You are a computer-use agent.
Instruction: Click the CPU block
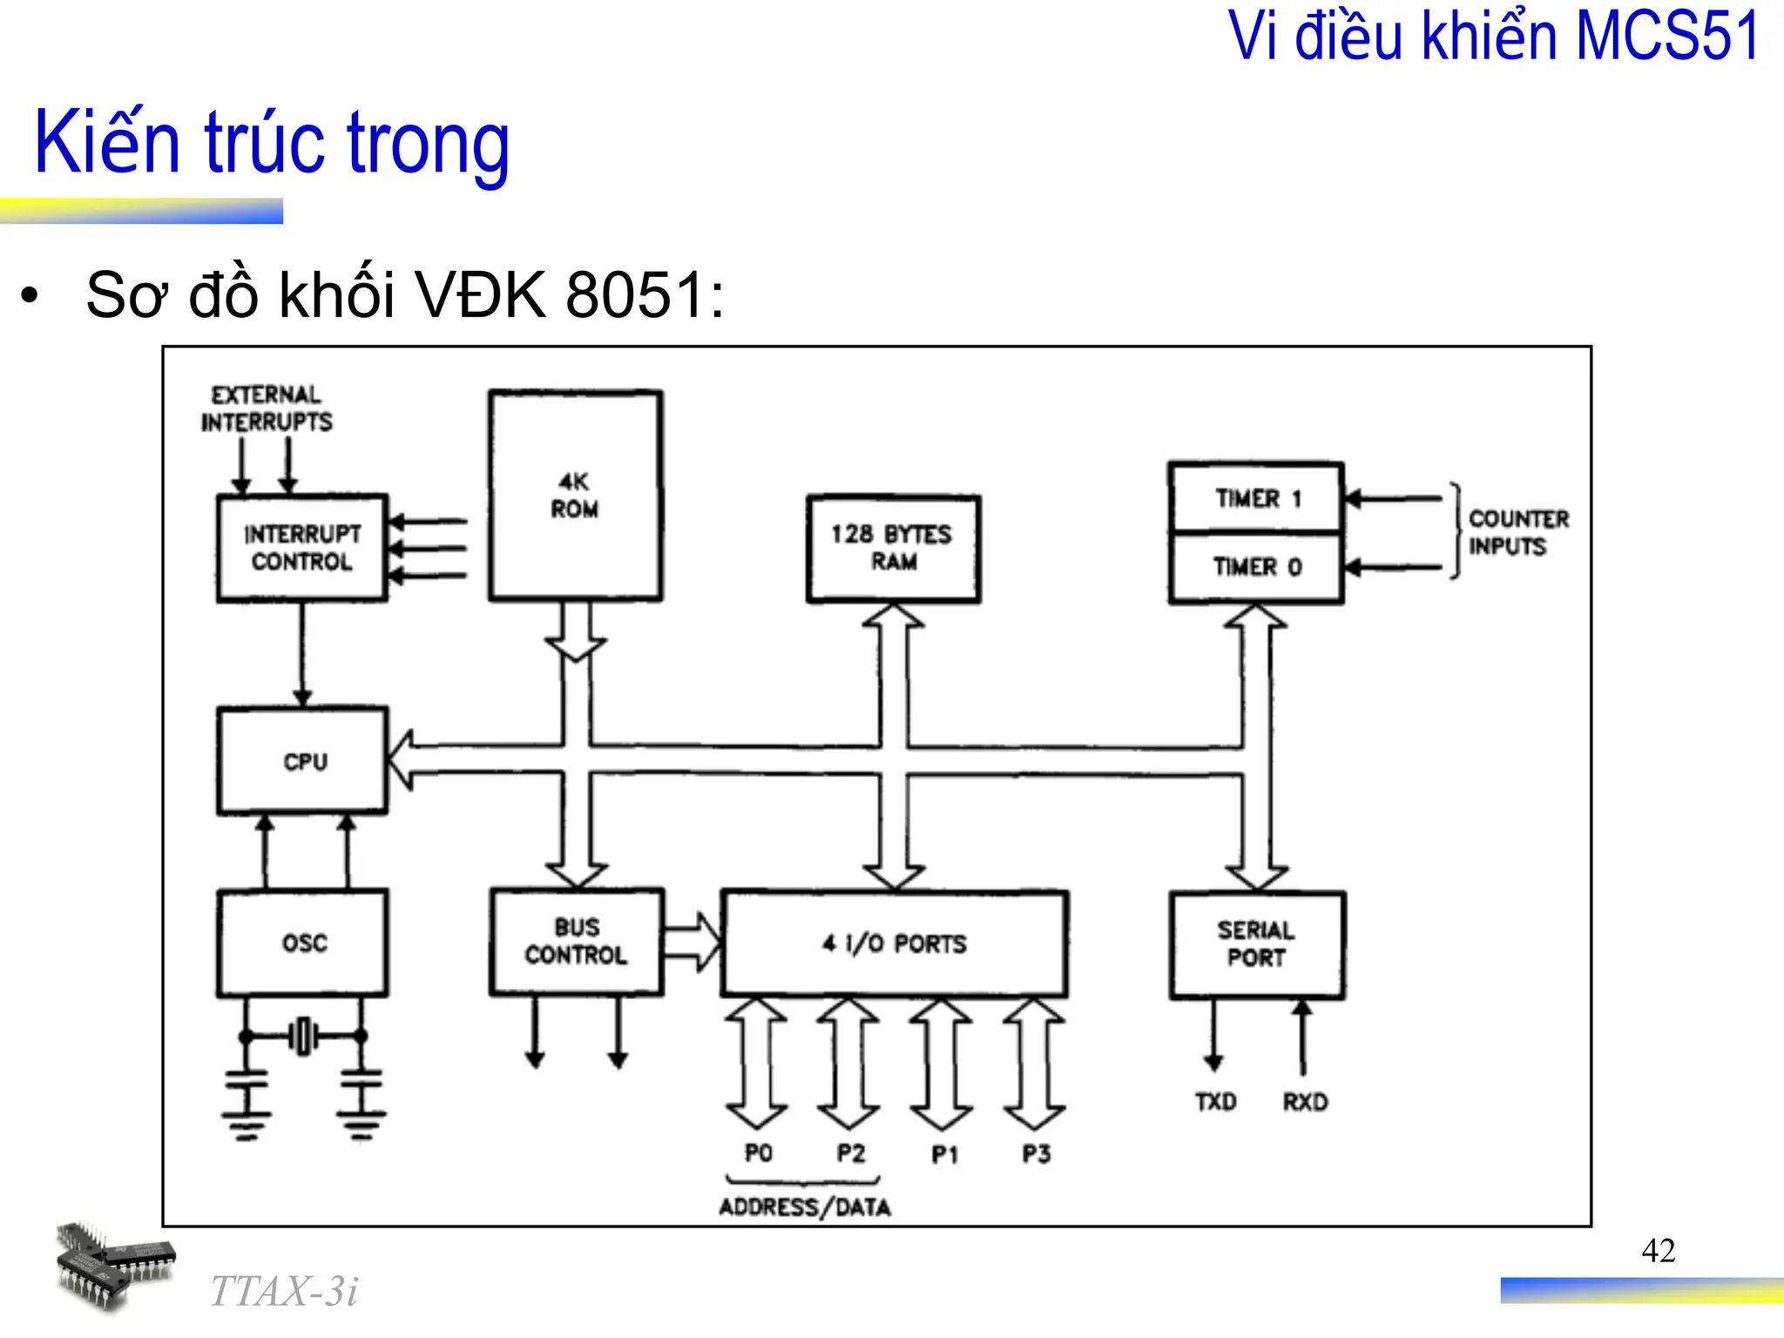click(x=302, y=760)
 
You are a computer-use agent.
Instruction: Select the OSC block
click(x=302, y=943)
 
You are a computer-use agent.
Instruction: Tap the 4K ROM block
click(x=575, y=495)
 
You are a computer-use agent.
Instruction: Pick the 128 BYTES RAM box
click(x=893, y=548)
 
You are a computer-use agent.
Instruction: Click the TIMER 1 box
click(x=1256, y=498)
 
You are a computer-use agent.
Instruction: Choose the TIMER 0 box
click(x=1256, y=567)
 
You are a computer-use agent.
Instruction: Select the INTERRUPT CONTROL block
click(x=301, y=548)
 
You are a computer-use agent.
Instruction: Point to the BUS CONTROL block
click(x=577, y=942)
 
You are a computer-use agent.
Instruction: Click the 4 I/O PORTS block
click(x=895, y=943)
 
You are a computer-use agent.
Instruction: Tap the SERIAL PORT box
click(x=1257, y=944)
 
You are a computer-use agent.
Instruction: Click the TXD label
click(x=1215, y=1102)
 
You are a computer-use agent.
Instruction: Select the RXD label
click(x=1305, y=1102)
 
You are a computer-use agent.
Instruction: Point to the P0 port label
click(x=758, y=1153)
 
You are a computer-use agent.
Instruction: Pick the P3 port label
click(x=1036, y=1153)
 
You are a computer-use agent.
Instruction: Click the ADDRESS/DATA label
click(x=805, y=1207)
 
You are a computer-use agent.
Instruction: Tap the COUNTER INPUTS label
click(x=1517, y=532)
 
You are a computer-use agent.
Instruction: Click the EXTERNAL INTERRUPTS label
click(x=267, y=409)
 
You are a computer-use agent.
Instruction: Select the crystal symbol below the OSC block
click(x=303, y=1036)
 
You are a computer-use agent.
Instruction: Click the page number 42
click(x=1658, y=1251)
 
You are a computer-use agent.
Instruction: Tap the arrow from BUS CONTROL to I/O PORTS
click(x=693, y=942)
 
